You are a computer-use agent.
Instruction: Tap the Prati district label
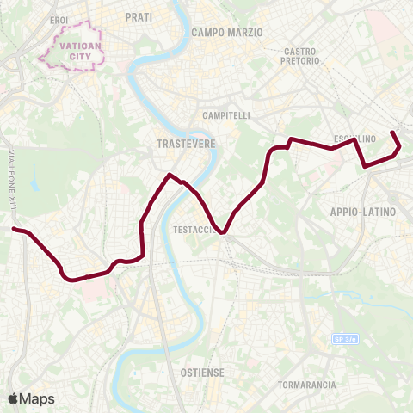(x=138, y=17)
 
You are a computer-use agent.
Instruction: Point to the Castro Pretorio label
(x=301, y=57)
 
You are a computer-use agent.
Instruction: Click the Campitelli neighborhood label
(x=225, y=115)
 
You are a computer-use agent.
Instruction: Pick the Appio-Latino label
(x=362, y=211)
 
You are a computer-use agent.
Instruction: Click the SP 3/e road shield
(x=344, y=341)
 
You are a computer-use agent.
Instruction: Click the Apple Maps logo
(x=31, y=398)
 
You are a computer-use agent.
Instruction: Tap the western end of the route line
(x=15, y=229)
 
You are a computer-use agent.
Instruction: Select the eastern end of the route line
(x=393, y=133)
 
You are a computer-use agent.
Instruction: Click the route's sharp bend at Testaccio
(x=223, y=231)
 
